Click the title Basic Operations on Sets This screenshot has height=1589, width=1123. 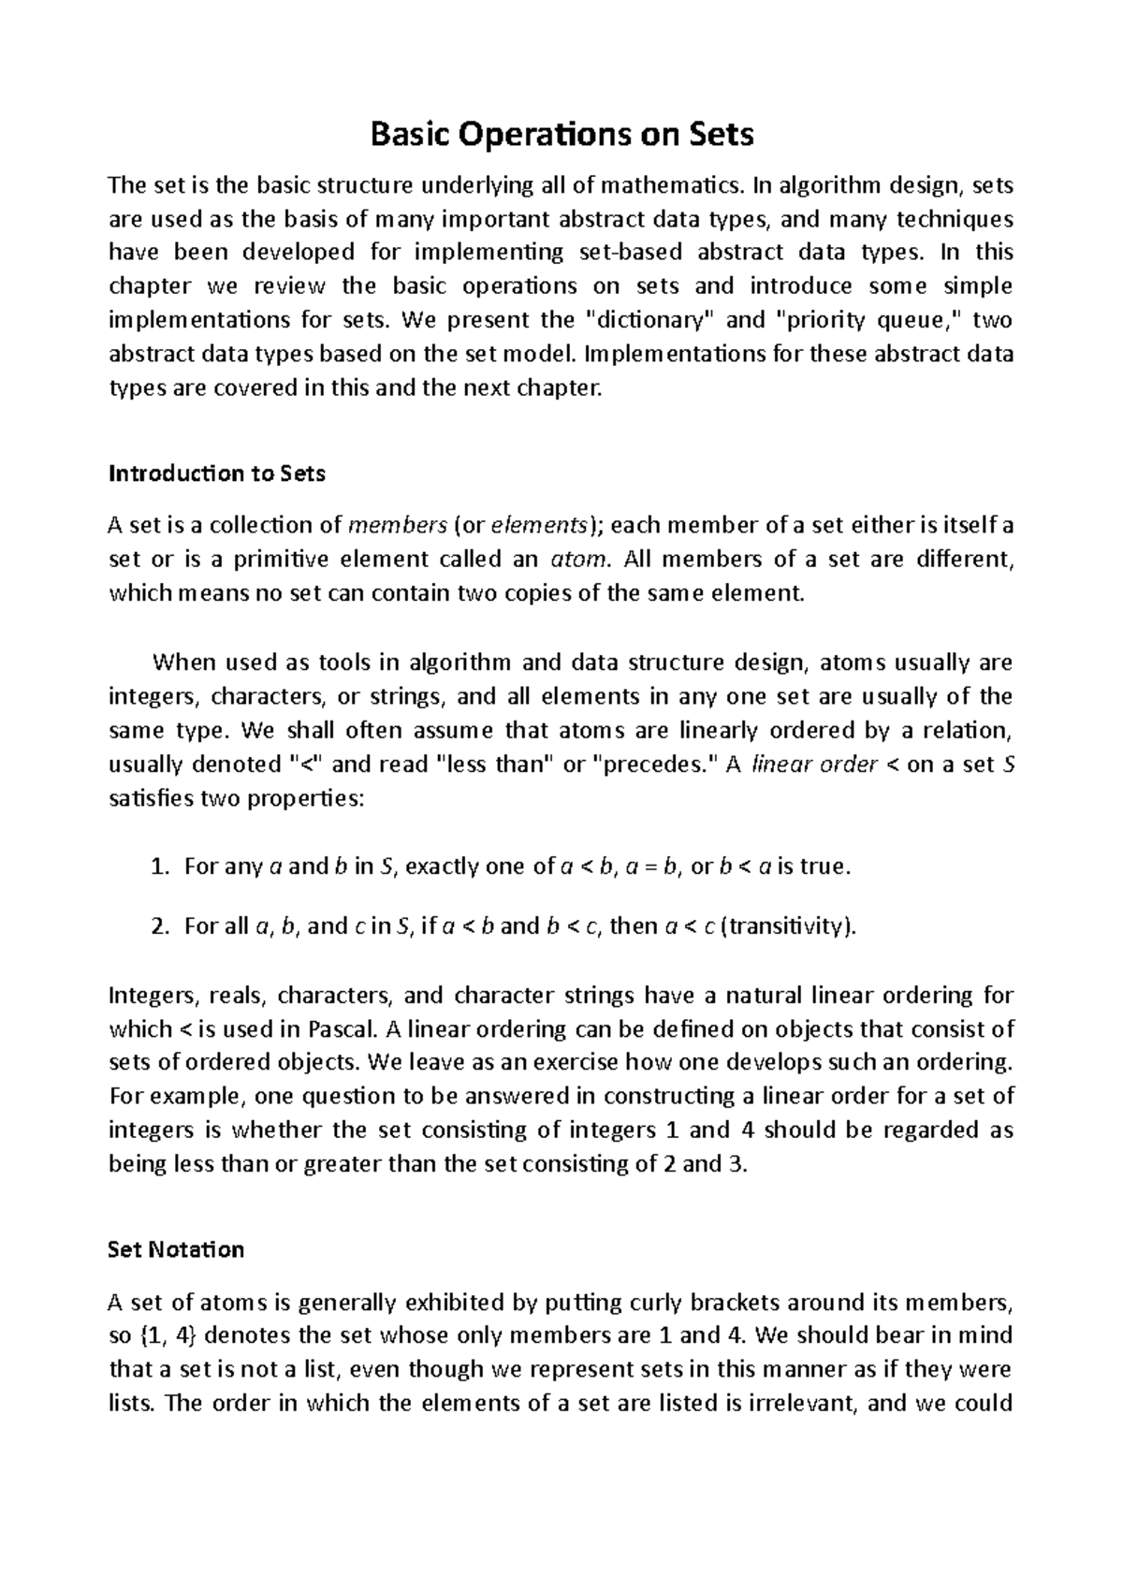click(x=561, y=136)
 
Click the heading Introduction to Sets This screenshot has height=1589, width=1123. click(x=217, y=474)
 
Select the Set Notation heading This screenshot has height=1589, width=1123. click(x=176, y=1249)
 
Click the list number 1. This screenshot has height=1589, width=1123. click(x=157, y=867)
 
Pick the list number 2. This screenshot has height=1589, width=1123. click(x=157, y=926)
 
